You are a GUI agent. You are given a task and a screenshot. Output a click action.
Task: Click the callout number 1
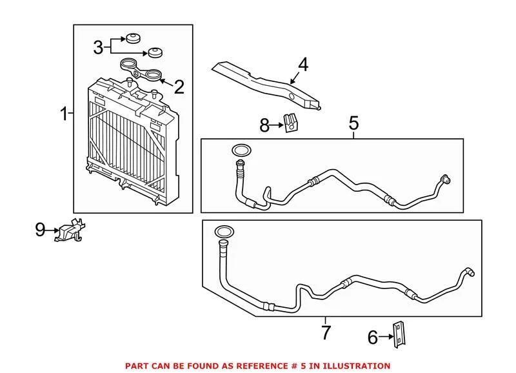64,116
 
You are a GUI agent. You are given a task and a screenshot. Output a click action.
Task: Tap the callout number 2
179,87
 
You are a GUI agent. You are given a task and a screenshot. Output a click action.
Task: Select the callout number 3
98,47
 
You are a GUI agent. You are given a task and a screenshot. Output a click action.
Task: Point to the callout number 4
303,65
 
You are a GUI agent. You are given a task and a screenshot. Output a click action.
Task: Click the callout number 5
353,122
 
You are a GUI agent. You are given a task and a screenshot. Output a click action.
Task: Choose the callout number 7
326,333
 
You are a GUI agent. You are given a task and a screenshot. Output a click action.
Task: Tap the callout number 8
264,125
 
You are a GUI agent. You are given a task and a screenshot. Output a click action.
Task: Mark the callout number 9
41,229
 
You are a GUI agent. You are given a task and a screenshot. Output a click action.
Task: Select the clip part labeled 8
290,122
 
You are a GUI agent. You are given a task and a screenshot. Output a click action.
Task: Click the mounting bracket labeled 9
72,230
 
